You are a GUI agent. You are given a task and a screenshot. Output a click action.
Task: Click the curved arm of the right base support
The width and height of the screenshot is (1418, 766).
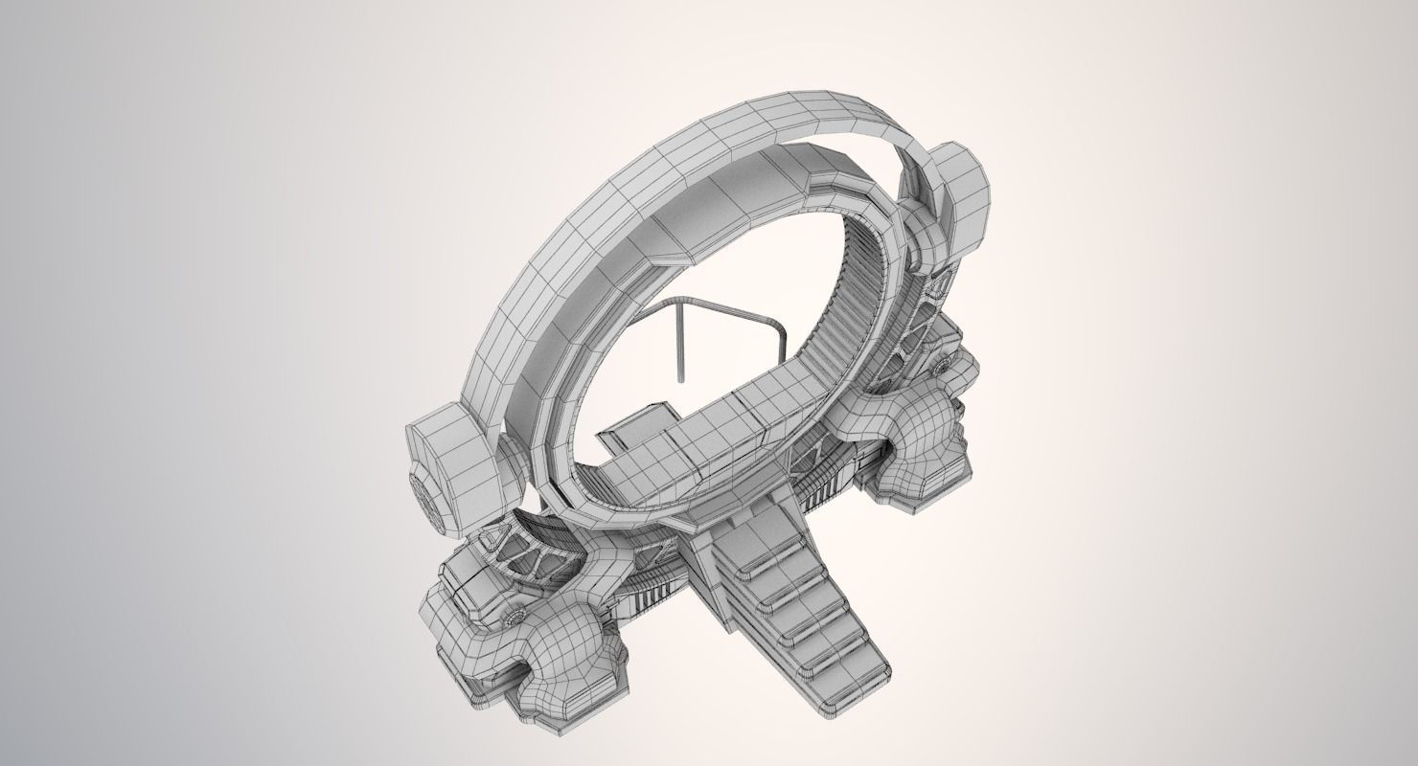[920, 421]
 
